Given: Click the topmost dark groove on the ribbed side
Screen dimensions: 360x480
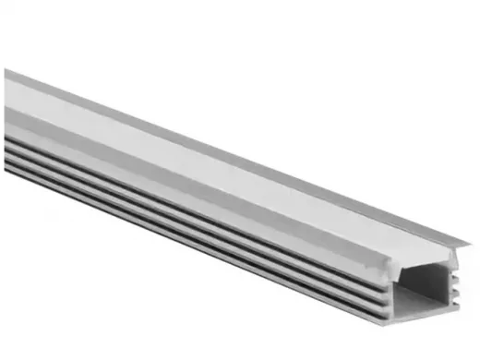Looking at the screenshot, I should pos(185,184).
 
